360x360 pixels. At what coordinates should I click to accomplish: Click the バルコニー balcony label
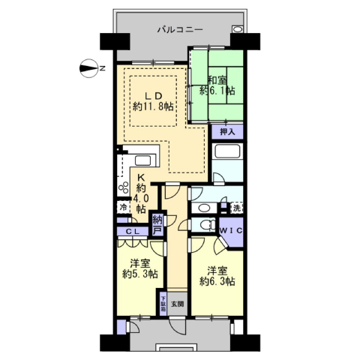[180, 31]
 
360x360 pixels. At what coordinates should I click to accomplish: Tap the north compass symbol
[90, 68]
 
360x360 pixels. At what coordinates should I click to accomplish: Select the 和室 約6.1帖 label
[217, 85]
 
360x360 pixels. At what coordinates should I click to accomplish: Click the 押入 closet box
[227, 131]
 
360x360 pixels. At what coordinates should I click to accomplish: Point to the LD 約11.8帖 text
[153, 101]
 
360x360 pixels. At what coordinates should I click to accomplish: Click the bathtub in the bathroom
[227, 151]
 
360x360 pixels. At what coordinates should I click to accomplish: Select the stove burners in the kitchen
[123, 187]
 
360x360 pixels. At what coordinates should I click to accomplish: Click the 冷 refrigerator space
[123, 207]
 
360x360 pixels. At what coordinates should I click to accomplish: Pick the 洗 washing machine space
[236, 208]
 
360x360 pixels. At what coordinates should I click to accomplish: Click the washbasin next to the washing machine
[205, 208]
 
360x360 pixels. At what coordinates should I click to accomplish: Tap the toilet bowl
[208, 224]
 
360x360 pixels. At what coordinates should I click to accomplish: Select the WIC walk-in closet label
[231, 231]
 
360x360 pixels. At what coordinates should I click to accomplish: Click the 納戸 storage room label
[157, 225]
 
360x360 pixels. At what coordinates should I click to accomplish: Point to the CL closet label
[132, 232]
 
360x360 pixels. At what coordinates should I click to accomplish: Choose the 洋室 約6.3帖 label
[217, 276]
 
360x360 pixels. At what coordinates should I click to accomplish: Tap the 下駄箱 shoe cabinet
[163, 304]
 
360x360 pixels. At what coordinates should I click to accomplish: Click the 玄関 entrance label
[177, 304]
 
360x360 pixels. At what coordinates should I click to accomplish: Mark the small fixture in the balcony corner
[237, 29]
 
